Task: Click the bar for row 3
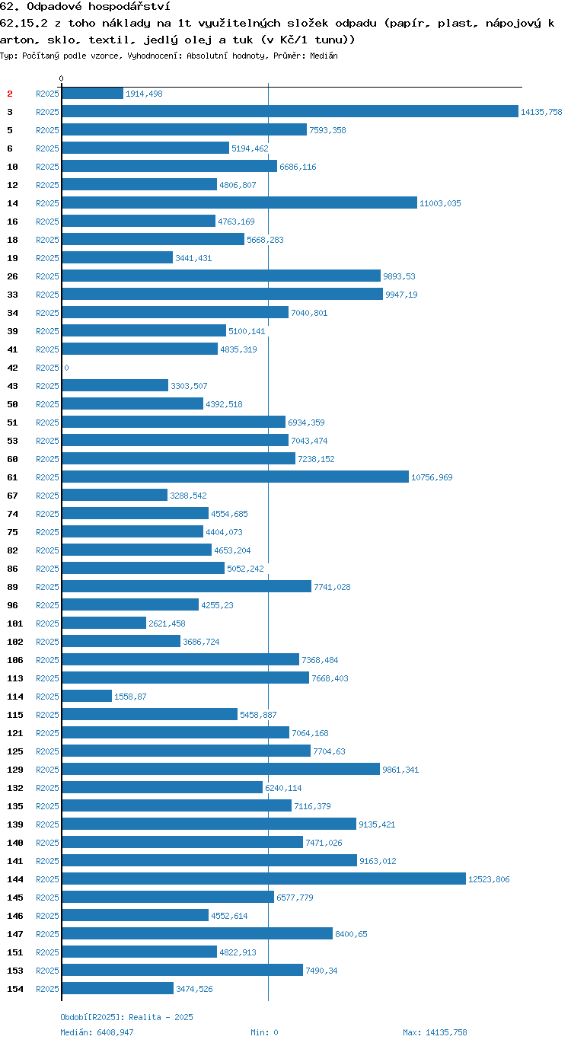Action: [290, 111]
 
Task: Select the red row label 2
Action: [10, 94]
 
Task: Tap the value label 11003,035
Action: [440, 203]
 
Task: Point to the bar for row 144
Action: [263, 879]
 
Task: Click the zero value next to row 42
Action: [66, 368]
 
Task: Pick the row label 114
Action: [15, 697]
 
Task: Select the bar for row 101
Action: [104, 623]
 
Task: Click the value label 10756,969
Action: [432, 477]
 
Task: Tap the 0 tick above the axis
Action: [61, 78]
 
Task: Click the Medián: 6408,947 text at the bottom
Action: [97, 1032]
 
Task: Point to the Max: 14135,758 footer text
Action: [435, 1032]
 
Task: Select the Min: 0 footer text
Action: [264, 1032]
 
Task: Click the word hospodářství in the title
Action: [129, 7]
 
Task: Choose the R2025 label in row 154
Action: [48, 989]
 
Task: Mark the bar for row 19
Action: [117, 257]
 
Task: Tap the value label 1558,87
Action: [130, 697]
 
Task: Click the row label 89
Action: [13, 587]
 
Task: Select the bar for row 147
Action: [197, 933]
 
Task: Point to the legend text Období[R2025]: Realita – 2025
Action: [126, 1017]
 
